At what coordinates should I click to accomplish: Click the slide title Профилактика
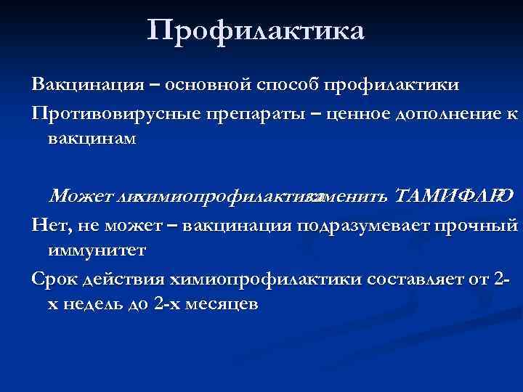[256, 31]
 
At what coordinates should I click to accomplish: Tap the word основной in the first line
[206, 84]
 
